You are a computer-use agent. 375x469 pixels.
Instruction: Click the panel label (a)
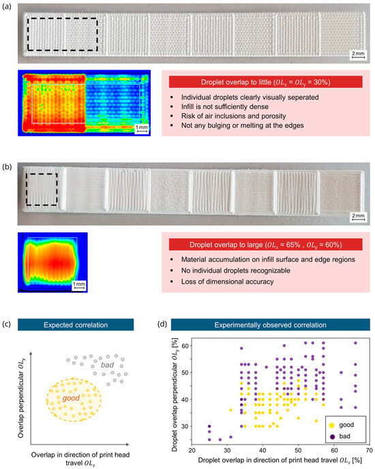(x=8, y=7)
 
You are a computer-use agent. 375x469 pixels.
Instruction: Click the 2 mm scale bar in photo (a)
(x=357, y=55)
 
